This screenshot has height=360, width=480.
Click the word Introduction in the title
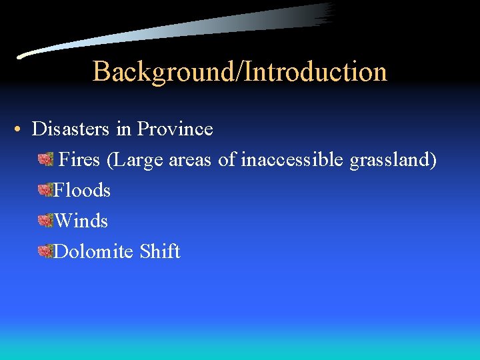tap(316, 71)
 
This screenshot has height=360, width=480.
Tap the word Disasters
tap(71, 129)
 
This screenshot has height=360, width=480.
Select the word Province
tap(175, 129)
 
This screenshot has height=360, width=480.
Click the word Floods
tap(82, 190)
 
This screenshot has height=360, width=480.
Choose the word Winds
tap(81, 221)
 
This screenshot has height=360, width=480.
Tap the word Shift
tap(160, 251)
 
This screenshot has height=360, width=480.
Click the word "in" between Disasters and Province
tap(124, 129)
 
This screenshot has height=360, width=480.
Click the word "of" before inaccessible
tap(227, 160)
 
